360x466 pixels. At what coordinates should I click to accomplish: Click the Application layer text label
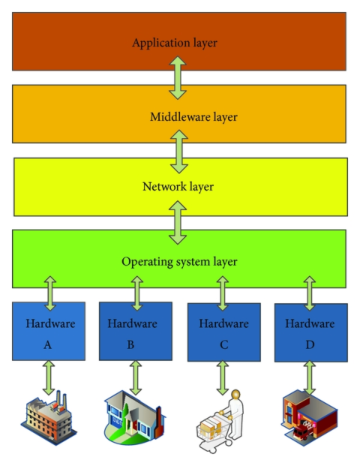(174, 43)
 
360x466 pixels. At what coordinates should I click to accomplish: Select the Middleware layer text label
(179, 117)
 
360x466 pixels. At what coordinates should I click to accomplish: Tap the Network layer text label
(178, 186)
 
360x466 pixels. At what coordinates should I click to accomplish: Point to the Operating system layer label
(179, 262)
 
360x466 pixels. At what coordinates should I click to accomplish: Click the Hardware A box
(49, 331)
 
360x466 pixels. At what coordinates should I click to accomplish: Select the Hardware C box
(223, 331)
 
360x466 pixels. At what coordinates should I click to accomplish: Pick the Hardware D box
(310, 331)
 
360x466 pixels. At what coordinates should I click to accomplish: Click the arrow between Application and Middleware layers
(178, 80)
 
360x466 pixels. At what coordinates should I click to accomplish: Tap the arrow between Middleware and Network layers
(178, 151)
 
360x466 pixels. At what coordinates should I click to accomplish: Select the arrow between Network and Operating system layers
(178, 224)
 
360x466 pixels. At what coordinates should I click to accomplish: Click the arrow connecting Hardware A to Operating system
(49, 293)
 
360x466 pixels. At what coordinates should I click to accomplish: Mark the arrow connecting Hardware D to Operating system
(310, 293)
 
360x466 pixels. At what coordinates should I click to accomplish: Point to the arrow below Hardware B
(136, 377)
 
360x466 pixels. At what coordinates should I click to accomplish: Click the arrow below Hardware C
(223, 377)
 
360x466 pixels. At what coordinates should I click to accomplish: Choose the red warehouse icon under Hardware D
(310, 419)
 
